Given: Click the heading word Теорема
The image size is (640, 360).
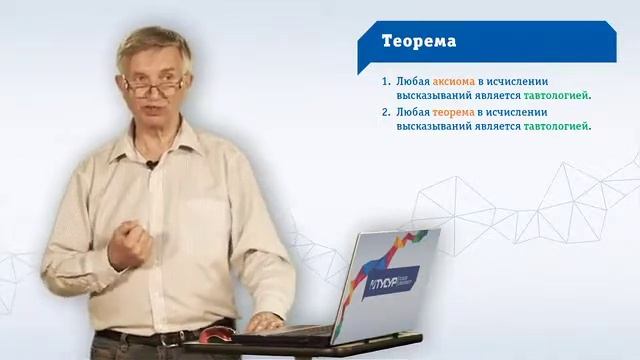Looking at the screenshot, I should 419,41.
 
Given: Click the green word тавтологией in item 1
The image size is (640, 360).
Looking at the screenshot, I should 556,96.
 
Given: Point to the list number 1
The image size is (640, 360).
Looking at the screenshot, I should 385,82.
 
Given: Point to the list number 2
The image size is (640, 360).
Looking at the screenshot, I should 385,113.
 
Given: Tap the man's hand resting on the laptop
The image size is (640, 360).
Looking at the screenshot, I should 265,322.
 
